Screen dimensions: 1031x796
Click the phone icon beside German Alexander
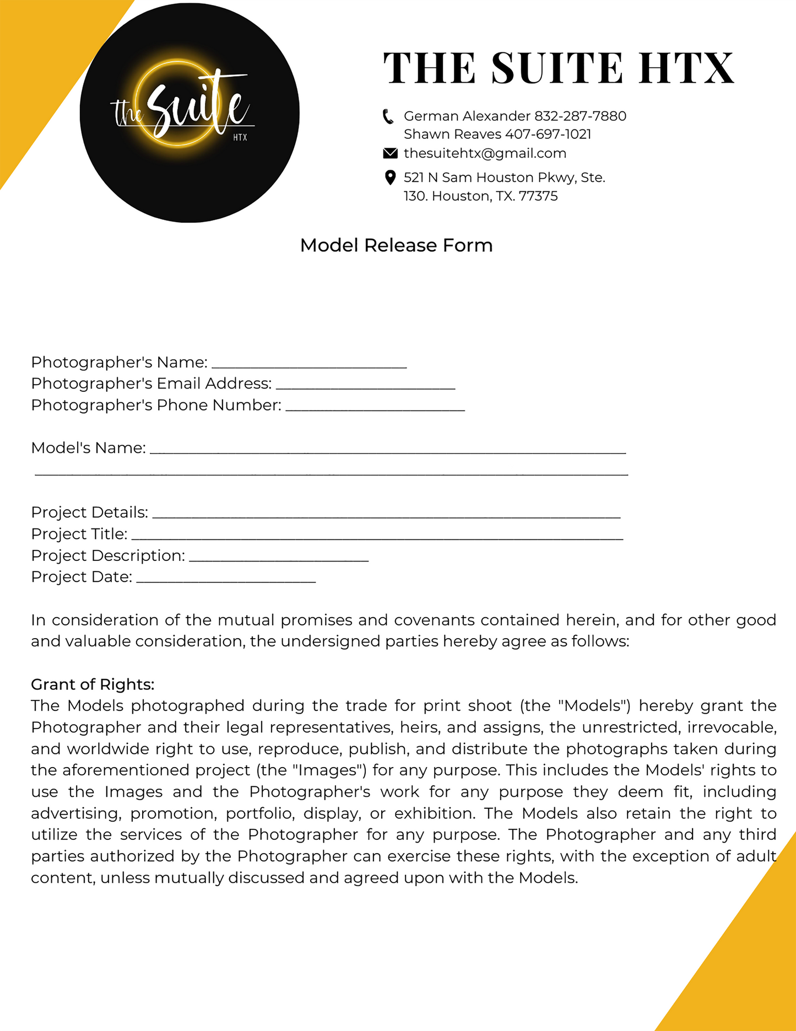pos(388,116)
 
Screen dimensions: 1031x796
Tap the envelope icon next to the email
pos(390,153)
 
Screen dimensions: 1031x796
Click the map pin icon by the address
pos(390,177)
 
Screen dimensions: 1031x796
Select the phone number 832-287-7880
pos(580,116)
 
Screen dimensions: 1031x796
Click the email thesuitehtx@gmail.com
pos(485,153)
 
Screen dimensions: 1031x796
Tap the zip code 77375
pos(538,196)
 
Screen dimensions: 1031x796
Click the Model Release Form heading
pos(396,245)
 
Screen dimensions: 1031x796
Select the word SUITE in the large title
pos(557,68)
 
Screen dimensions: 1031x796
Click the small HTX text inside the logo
pos(240,137)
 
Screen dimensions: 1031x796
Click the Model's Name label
pos(88,448)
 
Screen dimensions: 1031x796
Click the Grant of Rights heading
pos(93,684)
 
